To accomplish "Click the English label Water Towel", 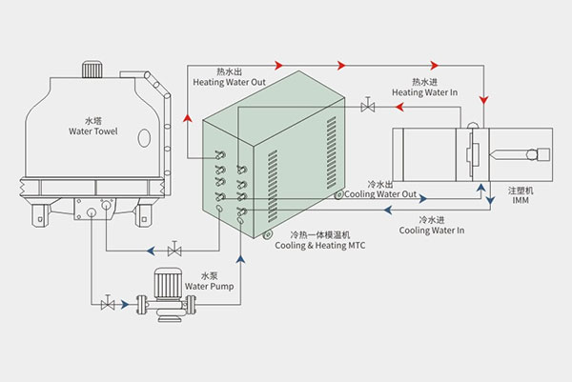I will pyautogui.click(x=92, y=131).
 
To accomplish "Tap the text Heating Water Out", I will pyautogui.click(x=229, y=82).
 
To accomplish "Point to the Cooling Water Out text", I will pyautogui.click(x=381, y=193).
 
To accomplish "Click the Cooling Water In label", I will pyautogui.click(x=432, y=230).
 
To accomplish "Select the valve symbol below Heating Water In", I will pyautogui.click(x=367, y=108).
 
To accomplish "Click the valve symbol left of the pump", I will pyautogui.click(x=108, y=304).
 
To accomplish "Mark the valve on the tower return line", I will pyautogui.click(x=174, y=251).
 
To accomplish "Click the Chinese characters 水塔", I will pyautogui.click(x=92, y=120).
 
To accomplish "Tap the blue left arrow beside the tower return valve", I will pyautogui.click(x=153, y=251).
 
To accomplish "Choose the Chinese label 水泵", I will pyautogui.click(x=208, y=273).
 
